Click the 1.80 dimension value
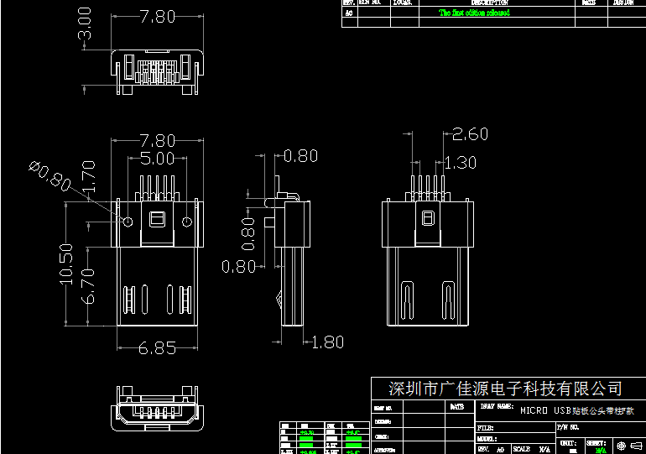click(x=327, y=342)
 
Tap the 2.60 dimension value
click(x=470, y=133)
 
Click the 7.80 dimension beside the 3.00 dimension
click(x=157, y=16)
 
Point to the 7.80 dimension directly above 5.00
click(x=157, y=140)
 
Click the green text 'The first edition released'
click(x=474, y=13)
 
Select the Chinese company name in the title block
click(x=505, y=389)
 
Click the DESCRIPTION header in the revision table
click(x=490, y=3)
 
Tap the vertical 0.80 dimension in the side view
click(x=247, y=234)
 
